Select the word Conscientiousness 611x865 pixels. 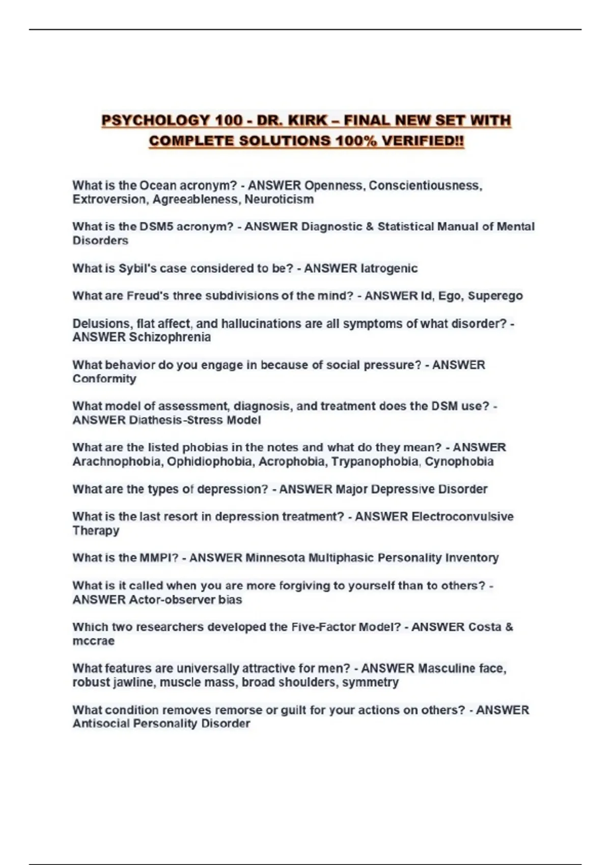click(x=425, y=185)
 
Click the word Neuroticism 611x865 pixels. click(x=279, y=199)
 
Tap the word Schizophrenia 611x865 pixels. click(x=170, y=337)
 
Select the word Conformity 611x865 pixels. click(x=104, y=379)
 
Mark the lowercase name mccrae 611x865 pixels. click(x=93, y=641)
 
